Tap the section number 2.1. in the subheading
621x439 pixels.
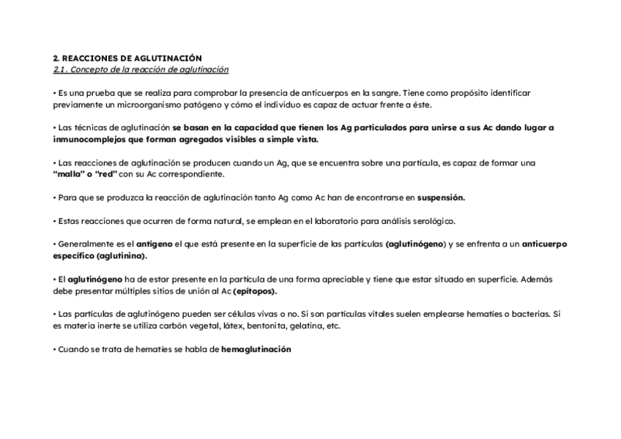[x=61, y=70]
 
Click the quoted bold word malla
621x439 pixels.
[x=67, y=175]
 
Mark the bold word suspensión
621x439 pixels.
[x=441, y=198]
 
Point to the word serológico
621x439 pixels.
[x=432, y=221]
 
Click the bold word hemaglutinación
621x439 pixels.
[x=256, y=350]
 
